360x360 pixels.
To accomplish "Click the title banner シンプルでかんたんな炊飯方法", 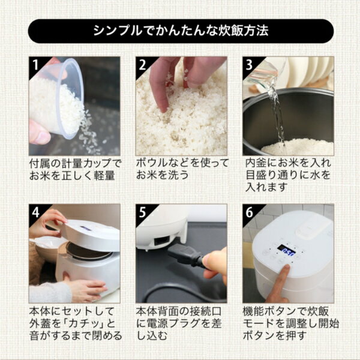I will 180,31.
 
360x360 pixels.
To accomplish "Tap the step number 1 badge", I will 35,64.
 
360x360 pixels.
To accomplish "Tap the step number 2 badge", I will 143,64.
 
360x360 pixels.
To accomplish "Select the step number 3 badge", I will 250,64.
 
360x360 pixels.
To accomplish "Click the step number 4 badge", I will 35,212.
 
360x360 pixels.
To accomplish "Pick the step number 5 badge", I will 143,212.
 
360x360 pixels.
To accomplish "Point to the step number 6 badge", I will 250,212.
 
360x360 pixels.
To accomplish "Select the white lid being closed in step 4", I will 90,234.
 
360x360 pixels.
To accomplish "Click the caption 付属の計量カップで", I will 74,163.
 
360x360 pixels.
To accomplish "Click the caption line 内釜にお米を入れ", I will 288,163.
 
